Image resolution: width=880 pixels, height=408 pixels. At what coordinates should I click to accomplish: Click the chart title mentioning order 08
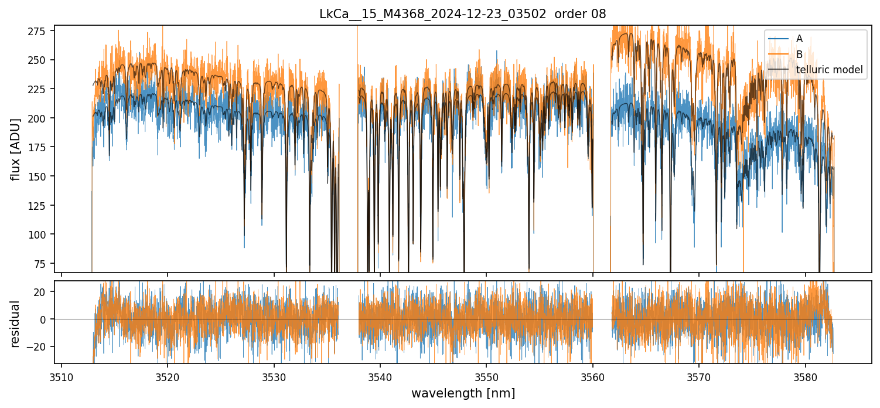(463, 13)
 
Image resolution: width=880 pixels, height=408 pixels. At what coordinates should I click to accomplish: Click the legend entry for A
(799, 39)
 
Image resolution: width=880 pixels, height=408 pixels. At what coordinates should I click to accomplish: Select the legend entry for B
(799, 54)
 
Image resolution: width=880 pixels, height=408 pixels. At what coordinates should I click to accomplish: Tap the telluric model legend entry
(829, 70)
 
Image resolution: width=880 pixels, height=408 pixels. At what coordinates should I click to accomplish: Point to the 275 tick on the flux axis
(41, 31)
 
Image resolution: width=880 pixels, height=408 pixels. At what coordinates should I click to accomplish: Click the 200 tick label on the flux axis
(41, 118)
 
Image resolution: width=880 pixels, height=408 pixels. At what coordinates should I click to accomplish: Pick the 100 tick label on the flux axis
(41, 234)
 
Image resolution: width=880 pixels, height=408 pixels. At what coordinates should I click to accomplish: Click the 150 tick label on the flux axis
(41, 176)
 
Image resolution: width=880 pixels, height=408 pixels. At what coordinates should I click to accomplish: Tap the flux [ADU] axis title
(16, 149)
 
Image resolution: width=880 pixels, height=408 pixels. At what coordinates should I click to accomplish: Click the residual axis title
(16, 324)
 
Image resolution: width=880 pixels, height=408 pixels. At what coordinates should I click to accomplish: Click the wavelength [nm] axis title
(463, 393)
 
